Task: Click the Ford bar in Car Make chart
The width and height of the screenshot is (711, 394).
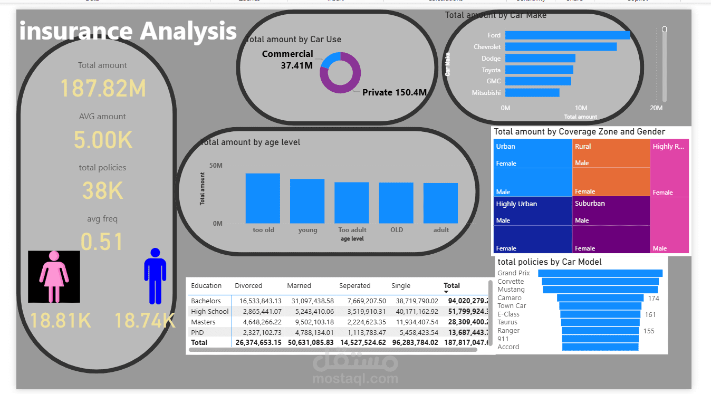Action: [567, 35]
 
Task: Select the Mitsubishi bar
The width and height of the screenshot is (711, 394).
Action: [532, 93]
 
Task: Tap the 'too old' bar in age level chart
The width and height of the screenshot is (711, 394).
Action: [263, 198]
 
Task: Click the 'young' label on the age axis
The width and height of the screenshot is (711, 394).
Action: [308, 230]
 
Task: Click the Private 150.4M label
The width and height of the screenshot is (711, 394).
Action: [394, 93]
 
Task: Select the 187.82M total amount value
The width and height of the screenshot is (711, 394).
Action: [103, 88]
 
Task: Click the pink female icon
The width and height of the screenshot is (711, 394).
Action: [54, 276]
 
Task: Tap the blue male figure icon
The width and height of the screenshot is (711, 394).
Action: [155, 276]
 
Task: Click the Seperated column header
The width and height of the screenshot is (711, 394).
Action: [354, 286]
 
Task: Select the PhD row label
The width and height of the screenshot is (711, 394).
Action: [198, 332]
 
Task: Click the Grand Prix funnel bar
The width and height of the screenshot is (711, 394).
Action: [600, 273]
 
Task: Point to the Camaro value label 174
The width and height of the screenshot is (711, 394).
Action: [654, 299]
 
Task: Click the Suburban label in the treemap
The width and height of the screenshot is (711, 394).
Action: [590, 204]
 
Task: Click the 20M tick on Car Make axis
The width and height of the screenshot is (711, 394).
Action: [656, 108]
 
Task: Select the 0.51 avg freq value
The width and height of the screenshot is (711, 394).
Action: [102, 242]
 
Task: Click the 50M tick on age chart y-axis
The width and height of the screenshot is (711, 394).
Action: [216, 166]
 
